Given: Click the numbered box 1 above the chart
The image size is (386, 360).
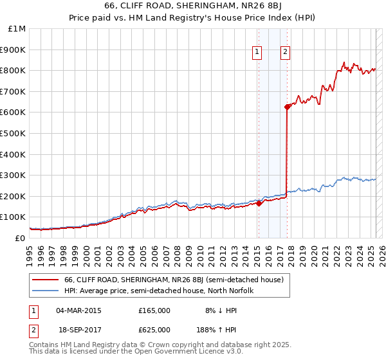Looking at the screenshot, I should coord(257,53).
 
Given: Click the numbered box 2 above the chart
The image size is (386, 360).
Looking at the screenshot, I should coord(285,53).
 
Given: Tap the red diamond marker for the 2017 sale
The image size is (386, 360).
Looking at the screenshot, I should coord(287,107).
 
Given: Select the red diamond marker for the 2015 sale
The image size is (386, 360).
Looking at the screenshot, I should coord(258,203).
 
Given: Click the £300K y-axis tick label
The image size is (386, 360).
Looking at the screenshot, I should coord(13,175).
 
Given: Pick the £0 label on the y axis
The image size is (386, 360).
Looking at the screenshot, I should coord(21,238).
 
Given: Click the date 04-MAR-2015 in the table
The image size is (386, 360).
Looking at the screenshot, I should coord(78,310).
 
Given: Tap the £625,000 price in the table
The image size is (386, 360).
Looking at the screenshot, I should coord(154,329).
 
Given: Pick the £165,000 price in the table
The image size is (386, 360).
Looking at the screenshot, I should coord(154,310).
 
